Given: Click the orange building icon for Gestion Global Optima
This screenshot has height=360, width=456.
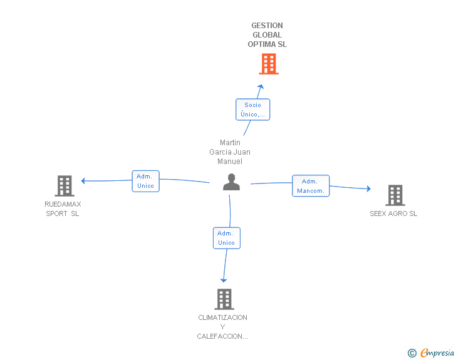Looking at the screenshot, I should coord(268,64).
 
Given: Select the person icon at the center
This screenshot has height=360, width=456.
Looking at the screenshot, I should coord(231,182).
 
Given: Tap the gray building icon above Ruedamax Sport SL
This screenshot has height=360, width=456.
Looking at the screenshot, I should coord(64,186).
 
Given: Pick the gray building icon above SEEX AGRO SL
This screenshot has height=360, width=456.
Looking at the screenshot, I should coord(395,195).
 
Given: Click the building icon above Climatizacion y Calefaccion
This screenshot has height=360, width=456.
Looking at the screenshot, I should coord(224,299).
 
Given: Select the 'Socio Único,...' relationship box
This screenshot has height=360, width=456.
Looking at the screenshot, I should coord(252,110).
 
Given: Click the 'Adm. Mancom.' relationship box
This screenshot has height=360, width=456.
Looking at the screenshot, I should coord(311,186).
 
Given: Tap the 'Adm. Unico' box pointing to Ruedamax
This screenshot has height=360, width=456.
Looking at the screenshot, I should coord(145,181).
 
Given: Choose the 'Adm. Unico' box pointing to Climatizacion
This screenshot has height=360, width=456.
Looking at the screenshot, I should coord(225,238).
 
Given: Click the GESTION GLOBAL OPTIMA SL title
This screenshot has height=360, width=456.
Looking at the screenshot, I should coord(267,35).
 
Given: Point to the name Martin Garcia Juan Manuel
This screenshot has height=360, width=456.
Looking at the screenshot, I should coord(230,152).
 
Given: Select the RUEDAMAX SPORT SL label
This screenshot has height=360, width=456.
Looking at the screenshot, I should coord(63,208).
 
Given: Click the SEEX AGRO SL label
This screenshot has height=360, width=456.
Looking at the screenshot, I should coord(393,213).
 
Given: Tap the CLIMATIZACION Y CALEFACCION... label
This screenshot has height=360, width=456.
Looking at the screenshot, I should coord(222,327).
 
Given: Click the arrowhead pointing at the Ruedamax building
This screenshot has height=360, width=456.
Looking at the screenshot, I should coord(83,181).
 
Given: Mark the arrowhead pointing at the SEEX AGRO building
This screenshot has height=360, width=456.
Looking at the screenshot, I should coord(368,188).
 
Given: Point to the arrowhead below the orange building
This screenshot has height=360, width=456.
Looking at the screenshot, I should coord(261,86).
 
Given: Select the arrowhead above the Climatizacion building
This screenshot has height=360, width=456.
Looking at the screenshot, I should coord(224,280).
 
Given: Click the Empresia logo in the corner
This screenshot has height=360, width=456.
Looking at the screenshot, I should coord(437,352).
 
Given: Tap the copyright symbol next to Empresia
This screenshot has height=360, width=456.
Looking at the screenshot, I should coord(412,353).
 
